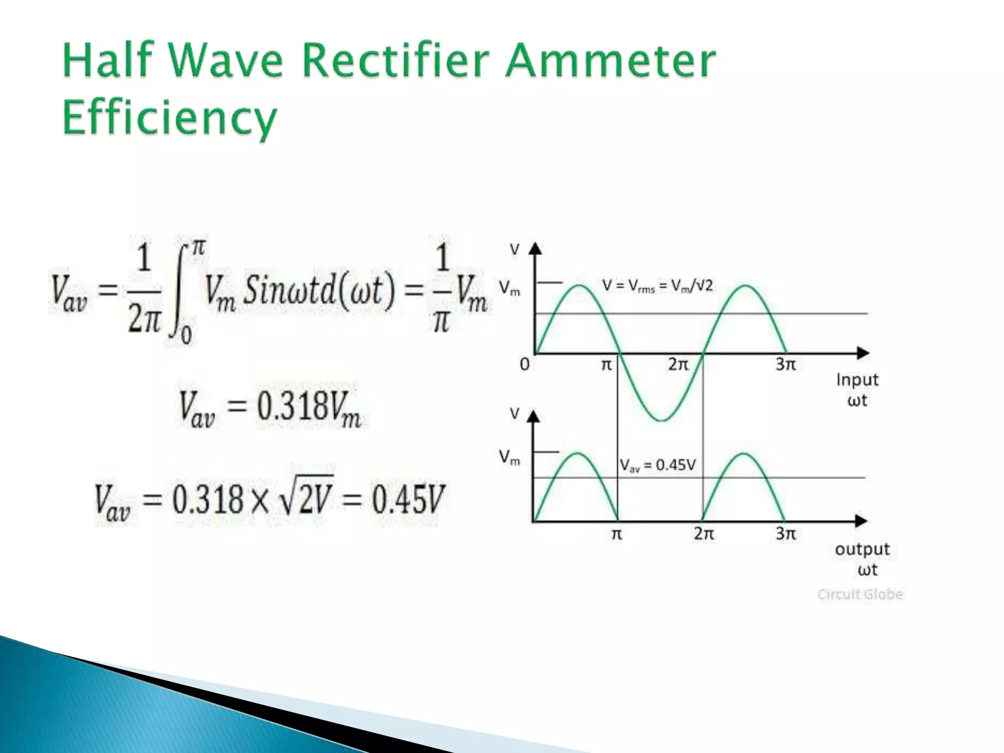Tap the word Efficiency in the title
pyautogui.click(x=170, y=118)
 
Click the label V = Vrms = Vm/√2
pyautogui.click(x=657, y=286)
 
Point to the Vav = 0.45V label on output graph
pyautogui.click(x=657, y=465)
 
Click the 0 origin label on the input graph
pyautogui.click(x=525, y=365)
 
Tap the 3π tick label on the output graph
pyautogui.click(x=785, y=533)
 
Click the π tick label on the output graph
pyautogui.click(x=617, y=534)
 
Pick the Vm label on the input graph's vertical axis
pyautogui.click(x=510, y=288)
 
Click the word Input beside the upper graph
pyautogui.click(x=857, y=380)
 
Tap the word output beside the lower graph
pyautogui.click(x=862, y=549)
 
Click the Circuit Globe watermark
pyautogui.click(x=860, y=594)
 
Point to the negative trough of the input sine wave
pyautogui.click(x=661, y=419)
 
